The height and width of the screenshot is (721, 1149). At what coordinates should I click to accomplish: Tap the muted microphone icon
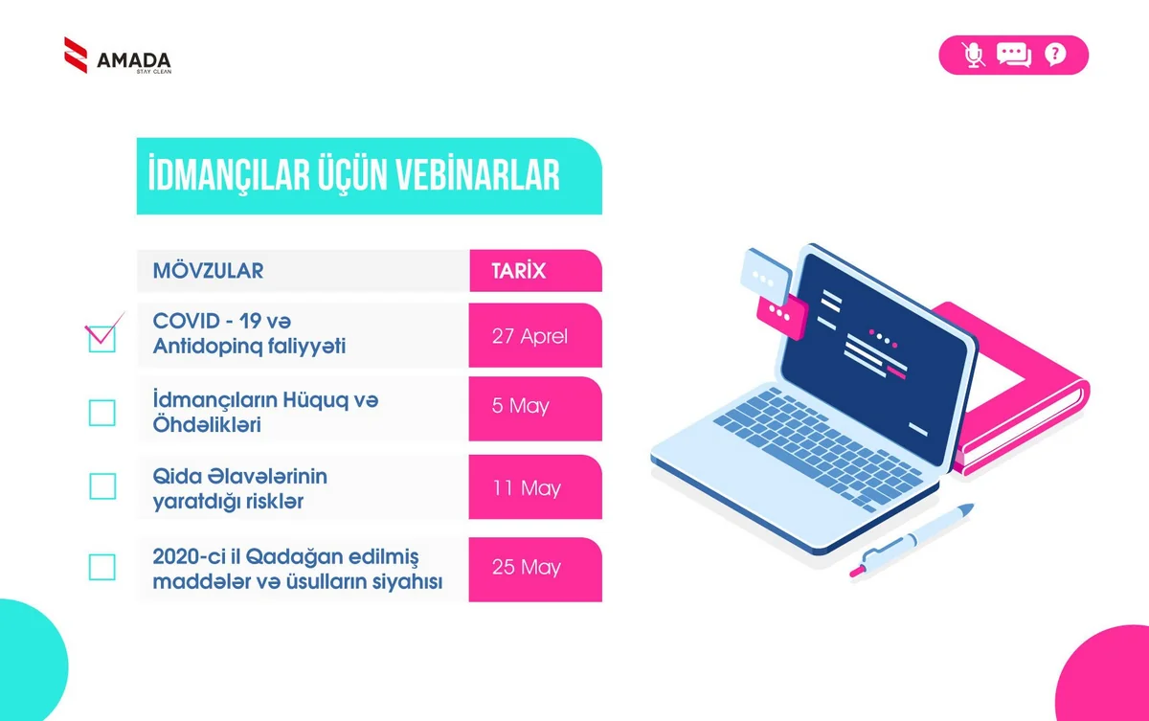[x=974, y=55]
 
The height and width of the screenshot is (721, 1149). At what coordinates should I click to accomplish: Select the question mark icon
[x=1054, y=55]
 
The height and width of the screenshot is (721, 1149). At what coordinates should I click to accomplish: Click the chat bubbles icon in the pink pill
[x=1013, y=55]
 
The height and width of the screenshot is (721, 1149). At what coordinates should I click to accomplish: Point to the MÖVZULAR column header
[x=208, y=271]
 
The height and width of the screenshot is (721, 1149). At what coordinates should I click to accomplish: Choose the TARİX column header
[x=518, y=271]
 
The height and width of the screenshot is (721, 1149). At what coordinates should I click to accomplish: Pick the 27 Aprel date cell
[x=529, y=336]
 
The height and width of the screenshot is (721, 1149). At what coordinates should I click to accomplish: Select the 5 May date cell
[x=521, y=406]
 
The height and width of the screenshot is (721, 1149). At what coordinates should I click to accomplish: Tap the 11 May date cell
[x=527, y=488]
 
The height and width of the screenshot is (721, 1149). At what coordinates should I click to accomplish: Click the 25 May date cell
[x=527, y=568]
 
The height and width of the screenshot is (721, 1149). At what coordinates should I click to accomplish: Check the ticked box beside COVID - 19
[x=101, y=338]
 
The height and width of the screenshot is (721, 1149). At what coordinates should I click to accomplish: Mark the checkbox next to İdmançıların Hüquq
[x=101, y=413]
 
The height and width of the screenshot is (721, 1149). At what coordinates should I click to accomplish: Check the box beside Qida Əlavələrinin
[x=101, y=486]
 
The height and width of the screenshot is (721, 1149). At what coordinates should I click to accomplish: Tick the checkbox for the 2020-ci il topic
[x=101, y=567]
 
